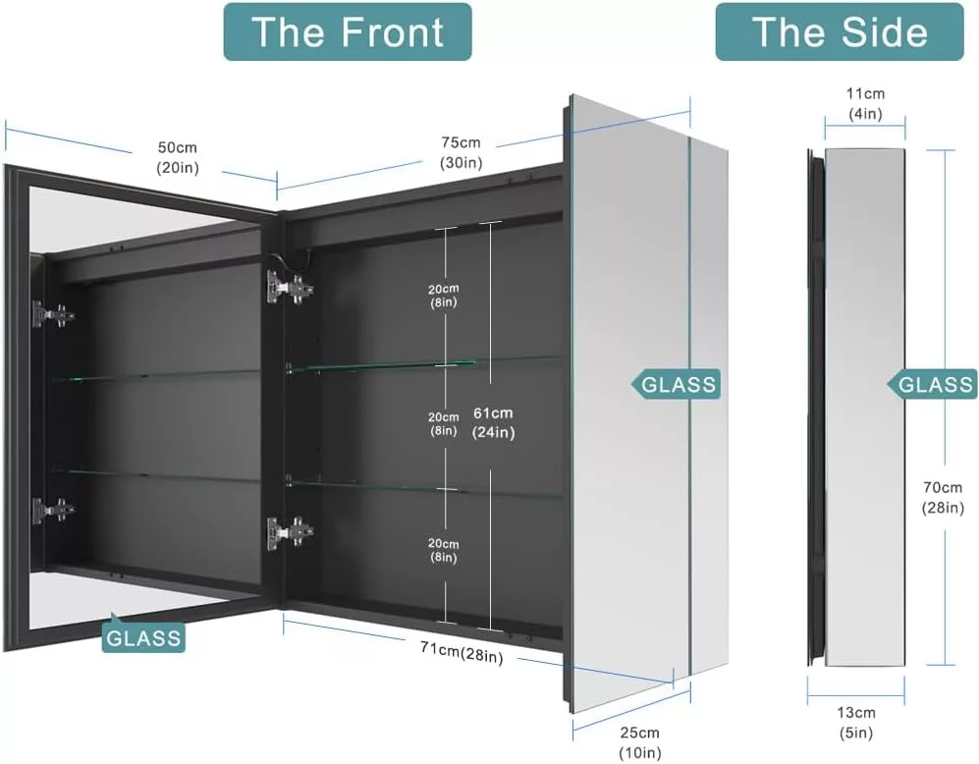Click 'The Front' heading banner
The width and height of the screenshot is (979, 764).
pyautogui.click(x=348, y=31)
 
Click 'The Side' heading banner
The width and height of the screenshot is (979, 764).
pyautogui.click(x=839, y=31)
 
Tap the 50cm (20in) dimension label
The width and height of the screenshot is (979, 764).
pyautogui.click(x=178, y=157)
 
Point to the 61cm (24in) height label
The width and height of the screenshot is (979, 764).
pyautogui.click(x=493, y=422)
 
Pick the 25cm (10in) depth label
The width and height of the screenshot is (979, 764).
pyautogui.click(x=639, y=742)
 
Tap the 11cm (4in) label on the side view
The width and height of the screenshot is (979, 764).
pyautogui.click(x=865, y=103)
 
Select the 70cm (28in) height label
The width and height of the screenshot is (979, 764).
pyautogui.click(x=942, y=497)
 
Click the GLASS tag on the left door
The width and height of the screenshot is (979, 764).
pyautogui.click(x=144, y=637)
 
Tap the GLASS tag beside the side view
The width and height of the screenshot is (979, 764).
pyautogui.click(x=936, y=384)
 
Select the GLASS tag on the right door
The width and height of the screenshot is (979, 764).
pyautogui.click(x=678, y=384)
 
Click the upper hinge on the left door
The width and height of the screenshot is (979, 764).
pyautogui.click(x=53, y=314)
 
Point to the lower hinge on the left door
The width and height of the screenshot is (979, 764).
pyautogui.click(x=53, y=510)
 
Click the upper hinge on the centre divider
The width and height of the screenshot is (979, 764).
pyautogui.click(x=290, y=287)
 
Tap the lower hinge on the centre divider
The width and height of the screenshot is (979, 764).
pyautogui.click(x=290, y=532)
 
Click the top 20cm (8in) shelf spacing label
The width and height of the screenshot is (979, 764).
pyautogui.click(x=443, y=297)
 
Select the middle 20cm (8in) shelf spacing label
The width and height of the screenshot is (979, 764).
pyautogui.click(x=443, y=422)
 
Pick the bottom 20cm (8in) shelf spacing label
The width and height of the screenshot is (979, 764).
pyautogui.click(x=443, y=550)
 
